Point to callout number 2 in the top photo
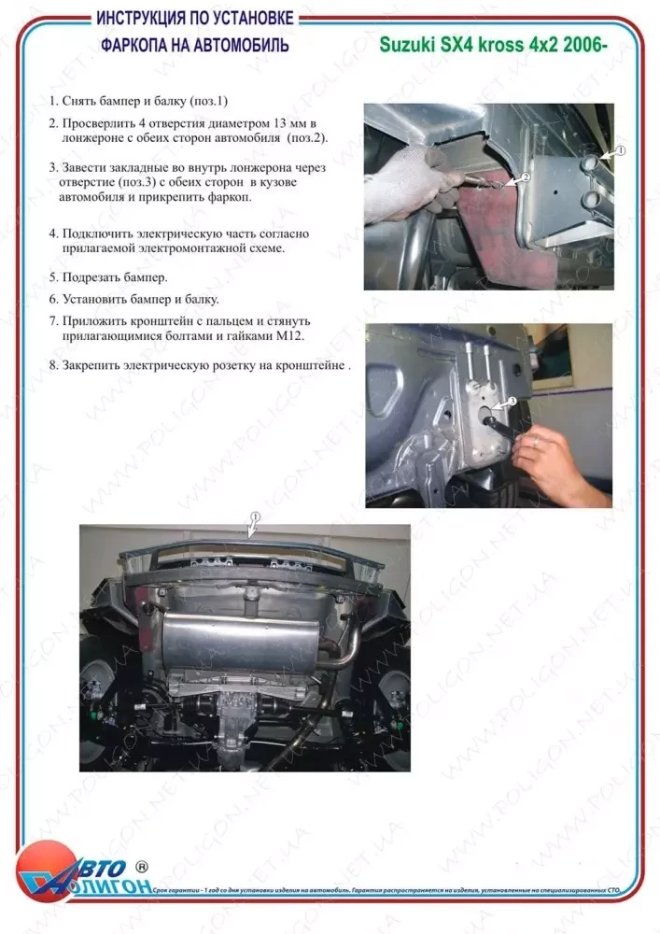525,176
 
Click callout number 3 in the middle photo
511,401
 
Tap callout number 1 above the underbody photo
255,516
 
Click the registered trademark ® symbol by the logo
142,866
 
